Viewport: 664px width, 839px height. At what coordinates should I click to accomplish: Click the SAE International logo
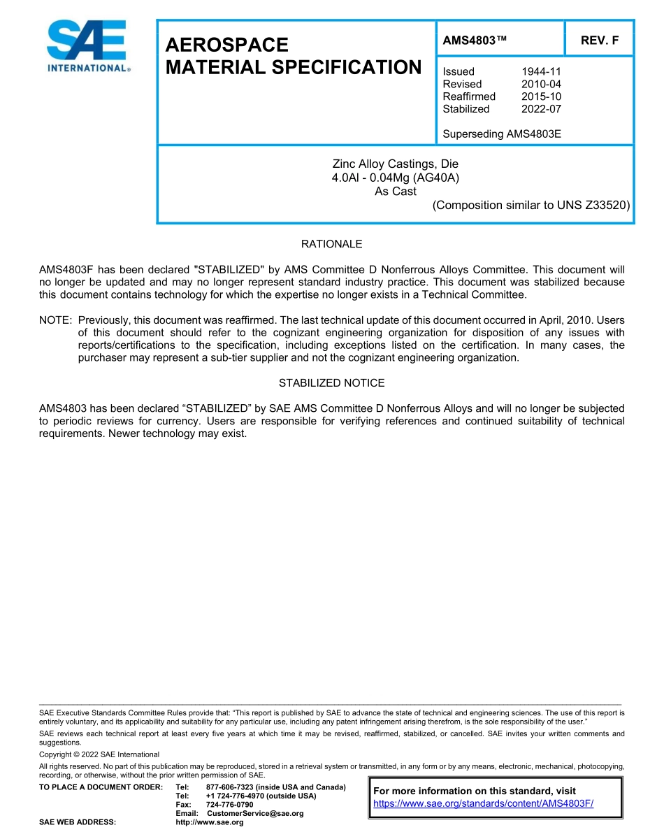click(x=87, y=46)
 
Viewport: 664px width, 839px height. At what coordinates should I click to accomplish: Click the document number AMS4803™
click(x=475, y=41)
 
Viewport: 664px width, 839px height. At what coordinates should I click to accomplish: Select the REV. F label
click(x=600, y=41)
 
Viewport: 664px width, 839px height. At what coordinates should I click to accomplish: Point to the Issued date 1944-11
click(x=541, y=71)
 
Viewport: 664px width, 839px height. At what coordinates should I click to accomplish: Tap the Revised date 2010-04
click(x=541, y=84)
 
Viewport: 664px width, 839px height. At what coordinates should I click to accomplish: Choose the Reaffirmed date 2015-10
click(x=541, y=96)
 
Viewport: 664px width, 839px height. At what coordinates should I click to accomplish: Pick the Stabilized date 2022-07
click(x=541, y=109)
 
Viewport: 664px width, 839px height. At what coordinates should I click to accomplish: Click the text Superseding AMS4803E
click(x=502, y=133)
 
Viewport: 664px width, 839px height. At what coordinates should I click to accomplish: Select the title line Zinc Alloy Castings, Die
click(x=395, y=164)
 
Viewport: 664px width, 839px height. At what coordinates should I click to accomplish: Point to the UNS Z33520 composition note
click(x=531, y=205)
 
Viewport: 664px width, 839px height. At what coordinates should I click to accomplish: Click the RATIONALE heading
click(x=331, y=244)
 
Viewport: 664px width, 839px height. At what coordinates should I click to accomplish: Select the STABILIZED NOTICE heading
click(x=331, y=383)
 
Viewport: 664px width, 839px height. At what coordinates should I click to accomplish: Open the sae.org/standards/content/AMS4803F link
click(x=483, y=803)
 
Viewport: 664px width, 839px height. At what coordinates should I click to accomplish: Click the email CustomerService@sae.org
click(x=255, y=813)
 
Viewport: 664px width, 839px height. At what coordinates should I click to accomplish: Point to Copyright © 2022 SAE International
click(x=99, y=754)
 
